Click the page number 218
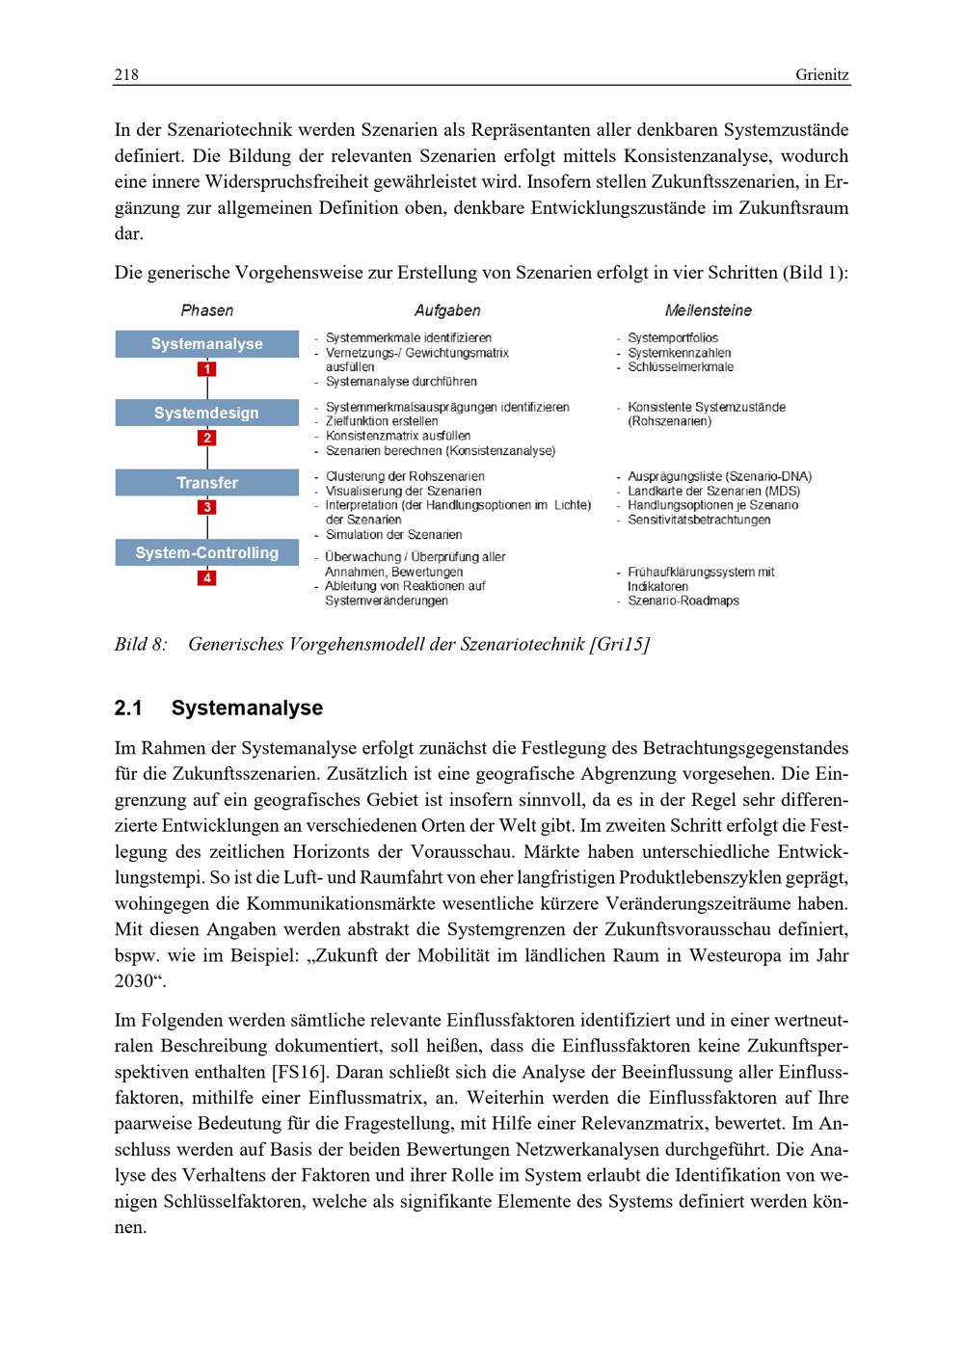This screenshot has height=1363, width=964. (126, 75)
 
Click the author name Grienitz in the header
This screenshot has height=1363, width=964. (822, 75)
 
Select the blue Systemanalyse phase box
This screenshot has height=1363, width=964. (207, 344)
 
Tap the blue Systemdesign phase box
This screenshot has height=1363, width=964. (207, 414)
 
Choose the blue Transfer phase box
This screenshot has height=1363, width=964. (207, 483)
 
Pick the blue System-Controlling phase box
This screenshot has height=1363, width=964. (207, 553)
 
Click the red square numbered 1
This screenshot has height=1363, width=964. (207, 369)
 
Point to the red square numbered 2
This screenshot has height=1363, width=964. (207, 439)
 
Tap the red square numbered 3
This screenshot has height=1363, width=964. (207, 507)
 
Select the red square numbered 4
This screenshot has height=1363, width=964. (207, 578)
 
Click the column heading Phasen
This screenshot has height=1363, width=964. (207, 310)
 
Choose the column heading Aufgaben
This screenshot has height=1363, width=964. (447, 310)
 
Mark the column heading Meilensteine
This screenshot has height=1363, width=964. (708, 310)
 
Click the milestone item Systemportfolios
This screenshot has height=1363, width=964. (673, 338)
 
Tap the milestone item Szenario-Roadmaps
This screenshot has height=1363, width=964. (683, 601)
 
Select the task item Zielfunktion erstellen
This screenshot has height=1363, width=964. (382, 421)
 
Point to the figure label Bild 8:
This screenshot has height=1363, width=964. (141, 644)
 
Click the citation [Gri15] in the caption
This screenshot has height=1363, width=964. (619, 644)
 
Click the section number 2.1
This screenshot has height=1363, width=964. (128, 708)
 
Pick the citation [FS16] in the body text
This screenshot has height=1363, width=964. (299, 1072)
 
